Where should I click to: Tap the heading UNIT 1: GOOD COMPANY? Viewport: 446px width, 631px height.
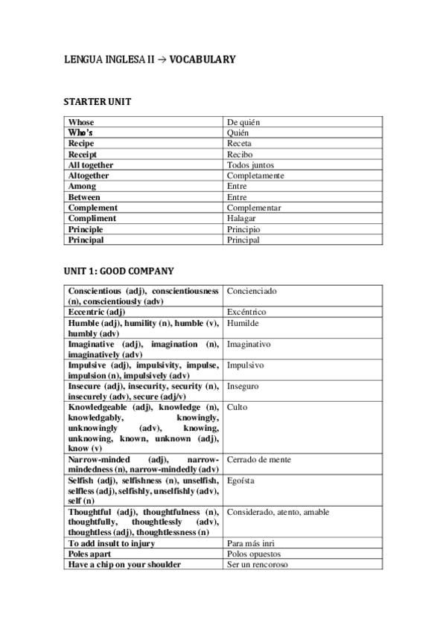[119, 271]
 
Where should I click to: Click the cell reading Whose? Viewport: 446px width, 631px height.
[81, 121]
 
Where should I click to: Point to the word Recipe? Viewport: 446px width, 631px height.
[81, 143]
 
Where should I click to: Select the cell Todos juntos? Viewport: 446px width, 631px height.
[250, 164]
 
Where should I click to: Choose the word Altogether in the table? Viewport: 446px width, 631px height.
[89, 176]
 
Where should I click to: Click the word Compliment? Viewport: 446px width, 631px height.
[92, 219]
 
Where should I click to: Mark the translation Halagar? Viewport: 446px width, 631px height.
[242, 219]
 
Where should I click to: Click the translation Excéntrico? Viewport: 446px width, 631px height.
[246, 313]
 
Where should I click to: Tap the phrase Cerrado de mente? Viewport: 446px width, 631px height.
[258, 460]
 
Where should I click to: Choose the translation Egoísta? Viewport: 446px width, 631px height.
[240, 481]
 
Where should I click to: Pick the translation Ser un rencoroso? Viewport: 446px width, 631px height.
[258, 565]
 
